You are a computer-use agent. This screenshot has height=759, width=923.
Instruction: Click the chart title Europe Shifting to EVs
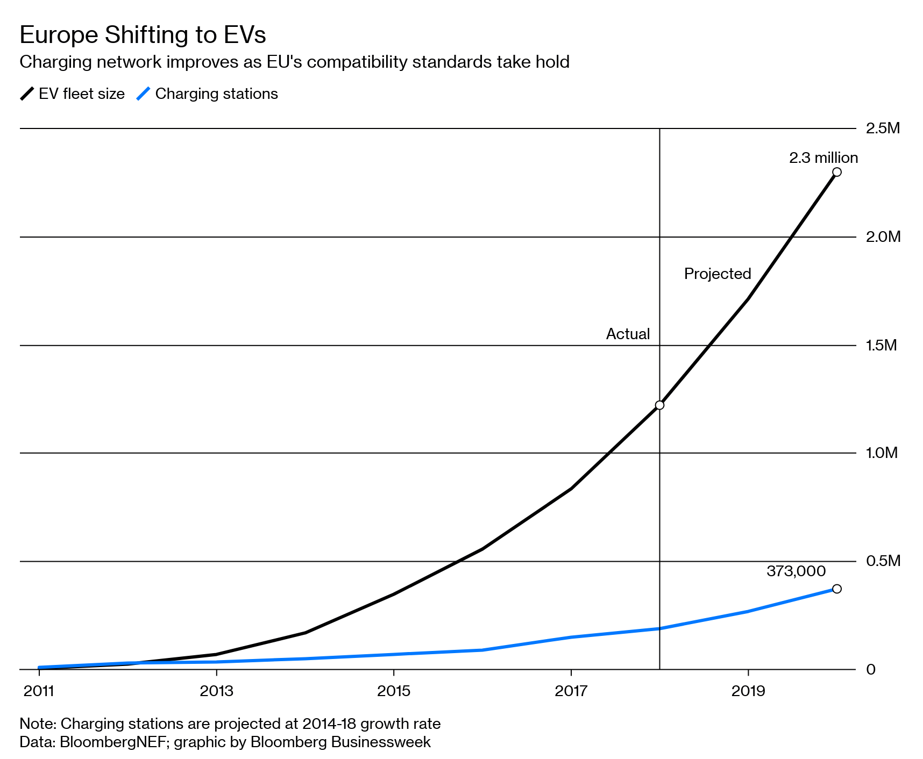point(143,35)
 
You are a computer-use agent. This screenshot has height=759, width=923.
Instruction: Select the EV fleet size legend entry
point(73,94)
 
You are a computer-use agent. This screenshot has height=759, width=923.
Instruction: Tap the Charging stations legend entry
point(208,94)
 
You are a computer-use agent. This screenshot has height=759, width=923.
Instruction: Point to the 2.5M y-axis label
point(882,128)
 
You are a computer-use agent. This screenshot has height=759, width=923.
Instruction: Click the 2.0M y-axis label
point(883,237)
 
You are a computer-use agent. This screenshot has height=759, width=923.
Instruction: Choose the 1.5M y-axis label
point(881,345)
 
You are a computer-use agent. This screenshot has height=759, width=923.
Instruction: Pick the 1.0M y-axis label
point(882,453)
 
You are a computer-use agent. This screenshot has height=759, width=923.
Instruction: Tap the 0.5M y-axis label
point(883,561)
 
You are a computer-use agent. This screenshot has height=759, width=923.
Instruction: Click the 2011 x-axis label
point(39,691)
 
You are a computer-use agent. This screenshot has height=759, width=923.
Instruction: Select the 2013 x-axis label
point(216,691)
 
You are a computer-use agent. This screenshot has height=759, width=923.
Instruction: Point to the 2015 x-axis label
point(394,691)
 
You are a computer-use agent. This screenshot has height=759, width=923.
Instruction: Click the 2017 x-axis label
point(571,691)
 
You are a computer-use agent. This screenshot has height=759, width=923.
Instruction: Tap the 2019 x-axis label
point(748,691)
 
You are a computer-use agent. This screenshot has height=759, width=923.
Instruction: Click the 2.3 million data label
point(823,158)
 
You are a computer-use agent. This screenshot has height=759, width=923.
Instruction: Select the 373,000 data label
point(796,571)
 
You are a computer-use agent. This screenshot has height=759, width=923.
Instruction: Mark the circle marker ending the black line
point(836,172)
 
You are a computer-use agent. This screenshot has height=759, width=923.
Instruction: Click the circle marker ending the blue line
point(836,589)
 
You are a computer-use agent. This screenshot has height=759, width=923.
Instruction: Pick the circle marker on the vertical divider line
point(659,405)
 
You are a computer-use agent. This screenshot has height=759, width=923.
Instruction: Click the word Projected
point(717,274)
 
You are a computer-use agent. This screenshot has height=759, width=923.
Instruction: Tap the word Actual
point(628,334)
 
